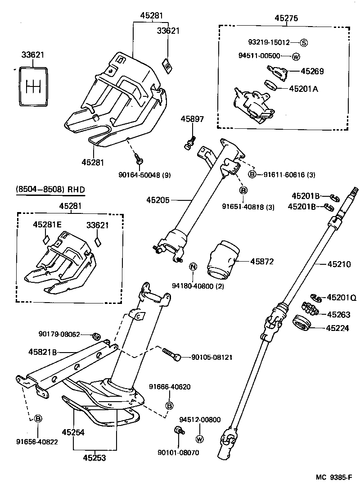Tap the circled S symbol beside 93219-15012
(304, 43)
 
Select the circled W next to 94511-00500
(296, 56)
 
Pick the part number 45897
(192, 119)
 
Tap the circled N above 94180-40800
(193, 266)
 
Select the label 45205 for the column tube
(158, 199)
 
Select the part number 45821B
(43, 352)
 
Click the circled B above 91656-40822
(38, 419)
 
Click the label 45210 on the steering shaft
(338, 264)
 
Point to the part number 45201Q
(341, 297)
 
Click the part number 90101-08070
(178, 452)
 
